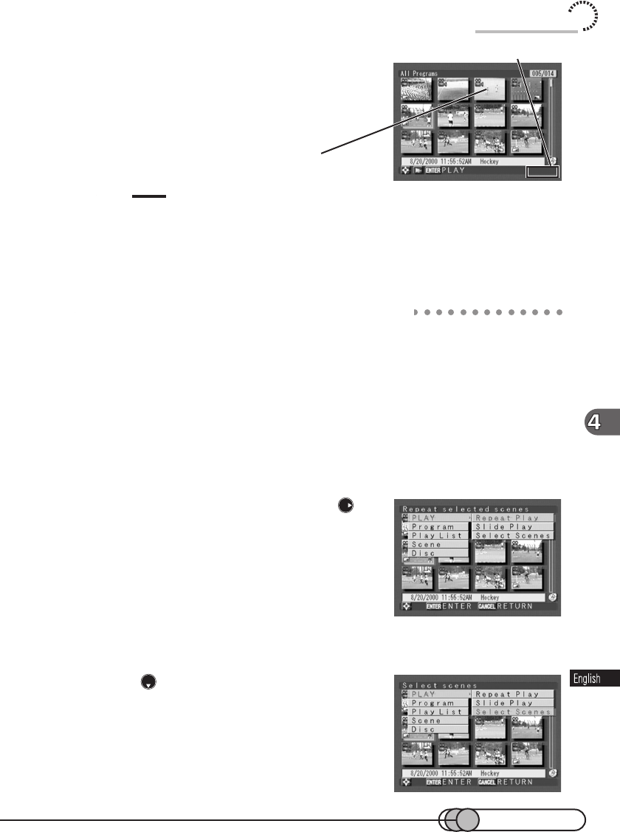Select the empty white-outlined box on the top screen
[542, 171]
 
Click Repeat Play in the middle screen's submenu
[512, 518]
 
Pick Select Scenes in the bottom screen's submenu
[512, 712]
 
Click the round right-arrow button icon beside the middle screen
[345, 506]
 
